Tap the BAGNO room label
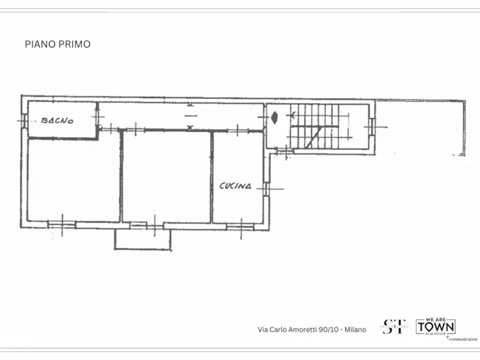[58, 120]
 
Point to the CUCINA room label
[235, 186]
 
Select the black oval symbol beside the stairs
[275, 116]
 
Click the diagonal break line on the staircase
[314, 136]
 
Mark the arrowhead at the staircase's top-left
[292, 114]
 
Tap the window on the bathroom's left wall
[23, 120]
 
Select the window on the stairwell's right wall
[371, 126]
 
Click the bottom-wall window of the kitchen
[240, 226]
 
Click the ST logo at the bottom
[394, 326]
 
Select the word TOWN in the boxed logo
[436, 326]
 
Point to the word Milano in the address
[355, 329]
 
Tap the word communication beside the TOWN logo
[463, 339]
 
